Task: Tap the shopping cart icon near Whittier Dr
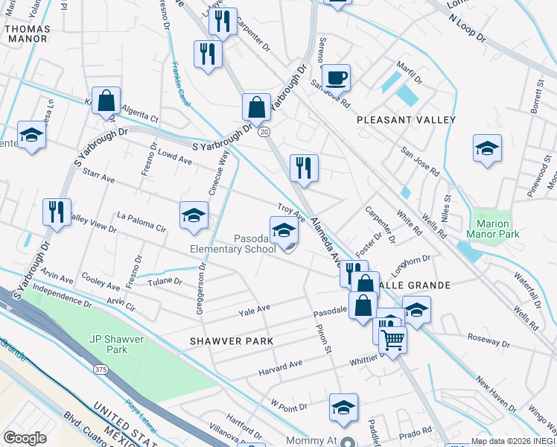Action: click(392, 340)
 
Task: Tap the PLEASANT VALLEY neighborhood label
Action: click(406, 119)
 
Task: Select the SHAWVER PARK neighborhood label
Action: click(232, 340)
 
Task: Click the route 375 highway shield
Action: click(99, 369)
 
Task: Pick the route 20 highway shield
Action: click(264, 131)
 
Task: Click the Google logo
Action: click(25, 437)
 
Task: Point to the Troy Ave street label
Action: click(292, 213)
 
